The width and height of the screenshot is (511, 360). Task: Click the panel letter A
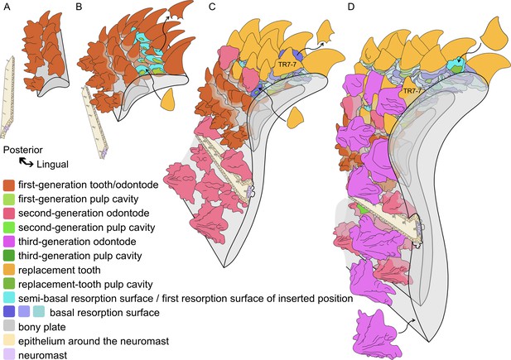(x=7, y=7)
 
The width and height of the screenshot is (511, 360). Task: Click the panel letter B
(x=79, y=7)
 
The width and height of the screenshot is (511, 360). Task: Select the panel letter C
(x=212, y=7)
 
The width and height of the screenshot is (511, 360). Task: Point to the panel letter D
(x=351, y=7)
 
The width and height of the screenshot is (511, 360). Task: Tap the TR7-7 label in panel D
(x=412, y=91)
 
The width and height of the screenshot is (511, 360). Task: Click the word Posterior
(x=23, y=150)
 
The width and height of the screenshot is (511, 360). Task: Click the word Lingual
(x=52, y=164)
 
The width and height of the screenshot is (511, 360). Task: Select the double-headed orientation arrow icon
(x=26, y=162)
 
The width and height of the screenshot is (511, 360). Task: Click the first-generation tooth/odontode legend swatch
(x=9, y=185)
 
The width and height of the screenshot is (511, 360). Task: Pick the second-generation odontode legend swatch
(x=9, y=214)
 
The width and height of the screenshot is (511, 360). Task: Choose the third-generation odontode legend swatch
(x=9, y=242)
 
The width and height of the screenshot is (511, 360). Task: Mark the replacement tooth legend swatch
(x=9, y=270)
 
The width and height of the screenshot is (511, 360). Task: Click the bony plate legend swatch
(x=9, y=327)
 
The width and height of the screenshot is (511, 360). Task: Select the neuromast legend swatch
(x=9, y=355)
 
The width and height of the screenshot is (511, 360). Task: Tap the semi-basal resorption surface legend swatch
(x=9, y=299)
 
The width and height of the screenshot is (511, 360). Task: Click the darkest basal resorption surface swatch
(x=9, y=313)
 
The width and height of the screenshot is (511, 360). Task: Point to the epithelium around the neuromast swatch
(x=9, y=341)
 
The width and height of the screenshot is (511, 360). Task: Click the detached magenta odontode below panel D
(x=376, y=334)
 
